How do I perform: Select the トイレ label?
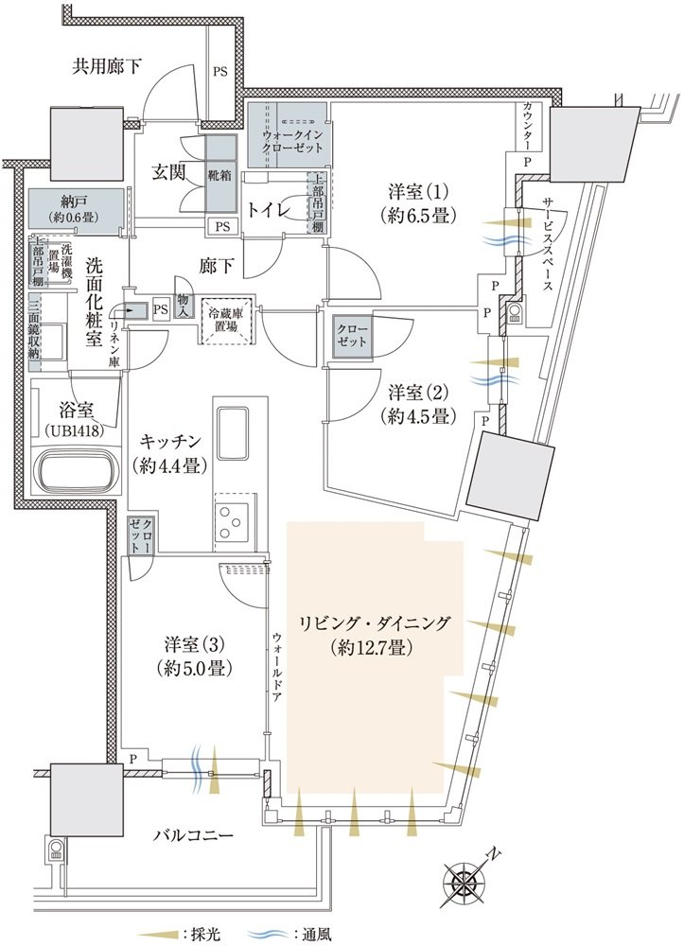pyautogui.click(x=270, y=210)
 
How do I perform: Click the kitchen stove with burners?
pyautogui.click(x=233, y=517)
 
